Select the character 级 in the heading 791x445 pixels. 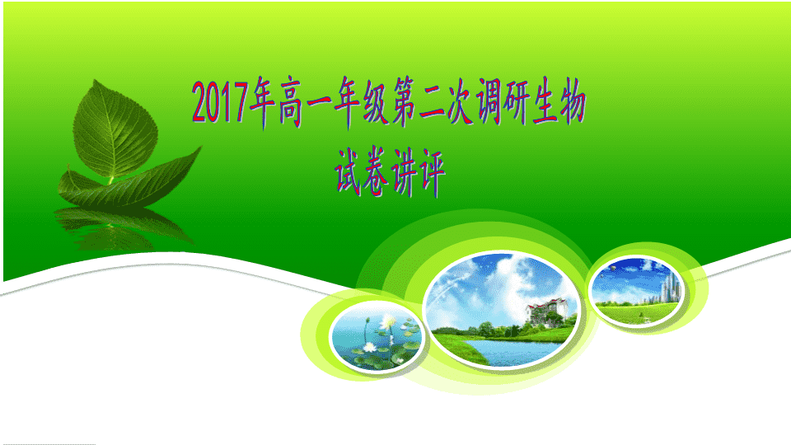click(377, 101)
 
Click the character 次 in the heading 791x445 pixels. click(460, 101)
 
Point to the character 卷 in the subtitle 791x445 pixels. click(377, 171)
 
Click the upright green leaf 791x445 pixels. click(115, 129)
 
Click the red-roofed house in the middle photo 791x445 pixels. click(547, 311)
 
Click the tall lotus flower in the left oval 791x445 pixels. click(386, 324)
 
